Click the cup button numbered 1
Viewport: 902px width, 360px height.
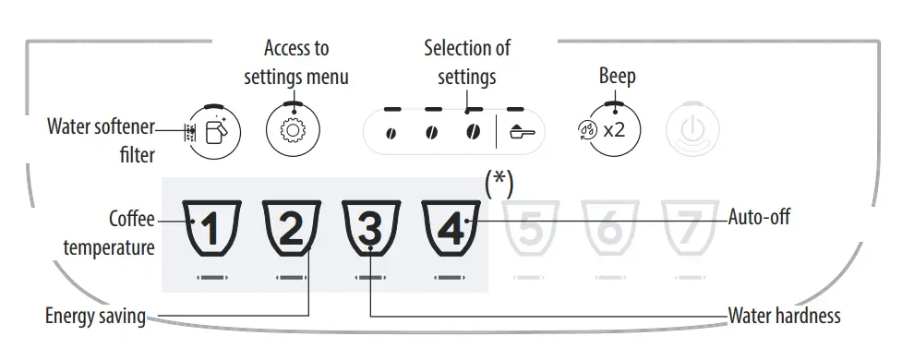click(211, 228)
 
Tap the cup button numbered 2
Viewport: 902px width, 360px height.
click(290, 228)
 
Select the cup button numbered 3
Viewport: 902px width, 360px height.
click(369, 228)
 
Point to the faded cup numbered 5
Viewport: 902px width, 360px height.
click(528, 228)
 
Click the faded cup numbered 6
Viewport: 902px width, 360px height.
click(607, 228)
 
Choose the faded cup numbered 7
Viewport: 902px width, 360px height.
click(686, 228)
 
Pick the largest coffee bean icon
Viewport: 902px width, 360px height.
click(473, 132)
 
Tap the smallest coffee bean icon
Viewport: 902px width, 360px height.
click(391, 133)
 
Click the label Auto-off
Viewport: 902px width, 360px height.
click(759, 218)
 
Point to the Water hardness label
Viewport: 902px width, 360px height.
click(784, 316)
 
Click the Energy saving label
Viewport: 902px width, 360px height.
click(96, 317)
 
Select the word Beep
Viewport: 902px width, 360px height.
click(618, 76)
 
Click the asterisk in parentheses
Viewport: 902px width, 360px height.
click(499, 182)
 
